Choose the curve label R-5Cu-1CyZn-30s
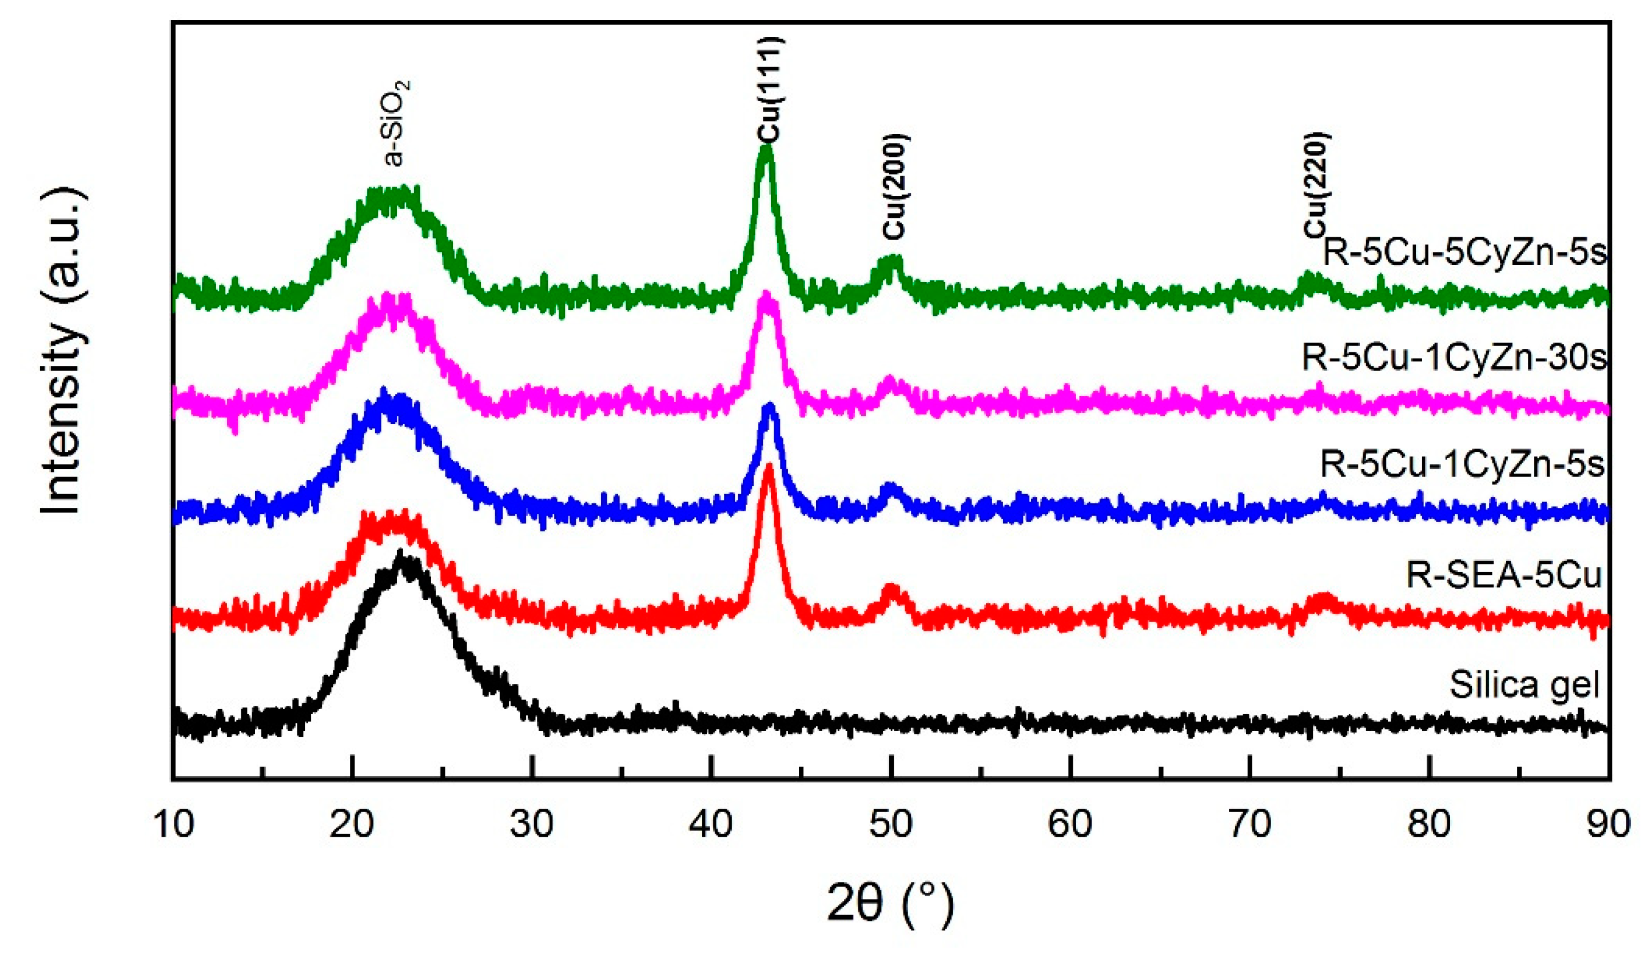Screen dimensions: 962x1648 click(x=1454, y=357)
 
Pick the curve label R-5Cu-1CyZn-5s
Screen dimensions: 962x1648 click(x=1462, y=464)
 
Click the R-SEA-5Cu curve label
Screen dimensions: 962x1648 click(x=1503, y=575)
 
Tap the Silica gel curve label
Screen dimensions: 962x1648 click(x=1524, y=684)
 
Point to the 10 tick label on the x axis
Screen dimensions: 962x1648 click(x=173, y=825)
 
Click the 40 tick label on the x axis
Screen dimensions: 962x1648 click(x=711, y=825)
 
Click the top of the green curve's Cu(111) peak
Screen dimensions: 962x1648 click(x=766, y=148)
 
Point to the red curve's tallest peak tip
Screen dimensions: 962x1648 click(x=769, y=466)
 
